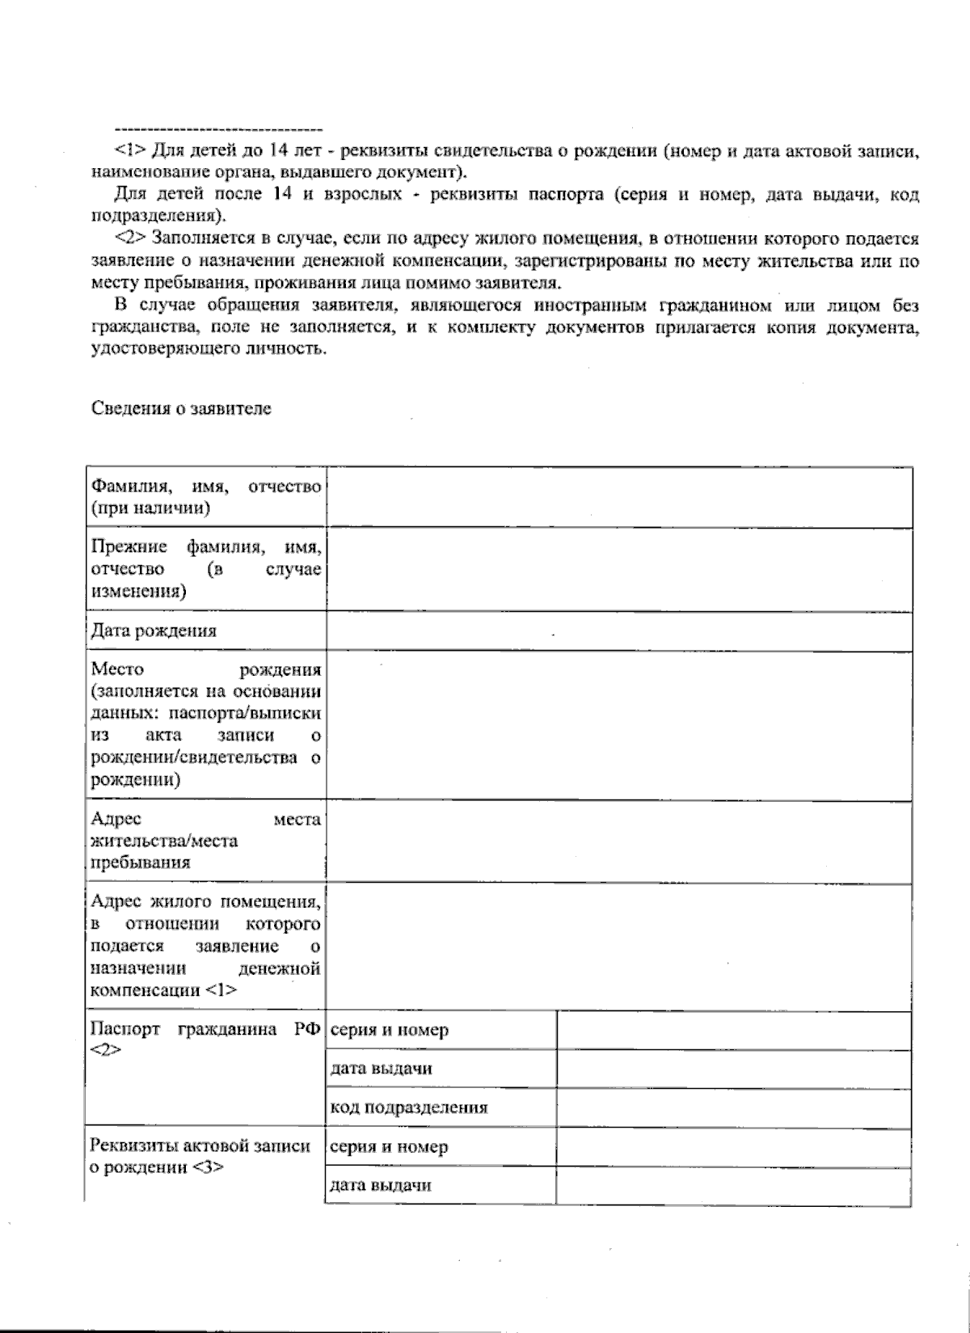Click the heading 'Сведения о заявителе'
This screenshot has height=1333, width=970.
pos(181,409)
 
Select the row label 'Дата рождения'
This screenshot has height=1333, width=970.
pos(154,631)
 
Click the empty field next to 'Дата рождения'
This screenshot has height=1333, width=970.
pos(618,631)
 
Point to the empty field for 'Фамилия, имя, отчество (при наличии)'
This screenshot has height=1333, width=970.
pos(618,498)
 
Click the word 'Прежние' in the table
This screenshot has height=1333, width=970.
pos(129,547)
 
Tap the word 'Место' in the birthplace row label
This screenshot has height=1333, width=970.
pos(117,669)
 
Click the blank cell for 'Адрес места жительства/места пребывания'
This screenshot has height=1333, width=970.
pos(618,842)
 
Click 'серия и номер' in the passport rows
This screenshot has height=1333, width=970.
pos(389,1031)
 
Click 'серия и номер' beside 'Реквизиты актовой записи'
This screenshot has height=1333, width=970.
pos(389,1147)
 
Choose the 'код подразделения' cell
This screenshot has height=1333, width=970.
pos(409,1108)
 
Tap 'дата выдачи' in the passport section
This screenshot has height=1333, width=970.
pos(381,1069)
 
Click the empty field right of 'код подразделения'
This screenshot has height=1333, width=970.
pos(733,1108)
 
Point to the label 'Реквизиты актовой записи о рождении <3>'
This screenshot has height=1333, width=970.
pos(200,1157)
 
